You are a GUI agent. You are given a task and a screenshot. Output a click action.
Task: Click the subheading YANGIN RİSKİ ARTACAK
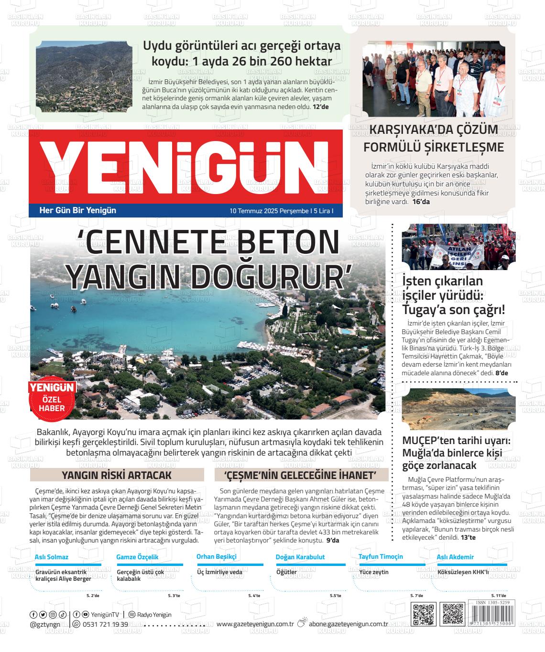pos(117,475)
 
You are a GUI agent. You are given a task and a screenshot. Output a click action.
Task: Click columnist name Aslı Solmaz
pos(52,557)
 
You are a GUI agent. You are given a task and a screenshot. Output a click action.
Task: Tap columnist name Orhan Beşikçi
pos(217,556)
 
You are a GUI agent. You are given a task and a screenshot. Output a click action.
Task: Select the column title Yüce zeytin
pos(373,572)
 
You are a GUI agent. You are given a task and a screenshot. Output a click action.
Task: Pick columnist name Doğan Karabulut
pos(300,557)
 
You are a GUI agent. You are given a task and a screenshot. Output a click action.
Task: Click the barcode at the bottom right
pos(491,616)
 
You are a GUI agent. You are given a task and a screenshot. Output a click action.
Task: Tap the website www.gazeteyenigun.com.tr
pos(255,624)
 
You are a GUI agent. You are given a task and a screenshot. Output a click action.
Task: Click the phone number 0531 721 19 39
pos(105,624)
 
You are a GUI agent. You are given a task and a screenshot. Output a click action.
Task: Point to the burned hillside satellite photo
pos(84,78)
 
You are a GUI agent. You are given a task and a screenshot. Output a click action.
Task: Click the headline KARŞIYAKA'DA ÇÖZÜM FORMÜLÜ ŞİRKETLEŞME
pos(434,139)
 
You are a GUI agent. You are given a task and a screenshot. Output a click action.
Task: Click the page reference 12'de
pos(321,107)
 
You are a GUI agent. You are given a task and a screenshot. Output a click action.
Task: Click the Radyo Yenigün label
pos(154,615)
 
